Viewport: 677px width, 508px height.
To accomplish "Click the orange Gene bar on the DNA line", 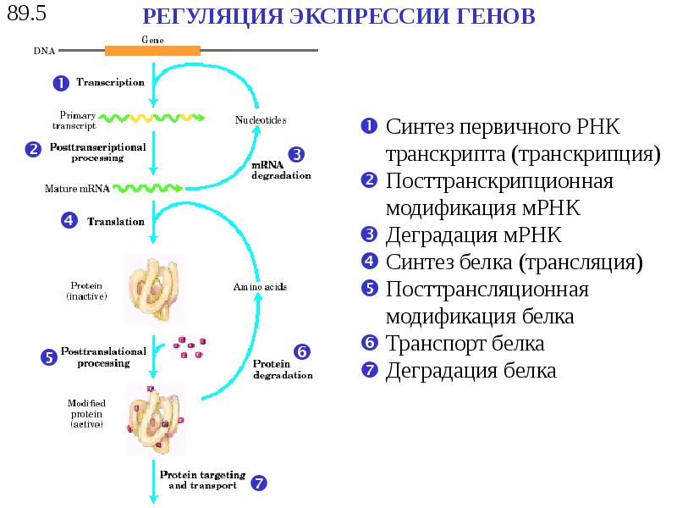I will (152, 50).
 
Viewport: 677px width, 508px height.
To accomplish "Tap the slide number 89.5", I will (25, 14).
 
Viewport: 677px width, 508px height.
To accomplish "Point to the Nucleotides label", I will (261, 120).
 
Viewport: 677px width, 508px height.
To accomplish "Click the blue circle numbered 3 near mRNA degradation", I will (296, 154).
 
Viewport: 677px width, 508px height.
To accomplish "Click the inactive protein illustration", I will (151, 289).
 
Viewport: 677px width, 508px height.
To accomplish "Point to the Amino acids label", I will (260, 288).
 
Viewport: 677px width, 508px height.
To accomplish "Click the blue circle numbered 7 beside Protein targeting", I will (260, 483).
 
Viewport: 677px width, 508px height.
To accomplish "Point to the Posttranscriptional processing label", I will (98, 152).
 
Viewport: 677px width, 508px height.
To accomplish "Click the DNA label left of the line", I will (44, 51).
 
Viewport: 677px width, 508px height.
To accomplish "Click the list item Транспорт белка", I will (465, 344).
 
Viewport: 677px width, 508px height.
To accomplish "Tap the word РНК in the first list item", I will (597, 128).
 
